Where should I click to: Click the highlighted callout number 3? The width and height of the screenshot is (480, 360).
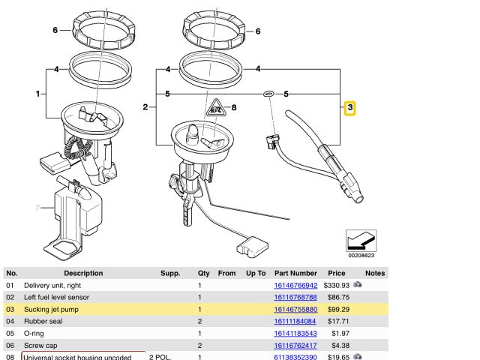pyautogui.click(x=350, y=109)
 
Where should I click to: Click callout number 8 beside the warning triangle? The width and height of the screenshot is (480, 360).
pyautogui.click(x=233, y=108)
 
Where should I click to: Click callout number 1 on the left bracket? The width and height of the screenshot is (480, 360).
pyautogui.click(x=37, y=94)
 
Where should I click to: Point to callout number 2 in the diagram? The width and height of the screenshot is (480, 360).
pyautogui.click(x=145, y=108)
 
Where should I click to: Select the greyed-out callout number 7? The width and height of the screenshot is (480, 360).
pyautogui.click(x=35, y=207)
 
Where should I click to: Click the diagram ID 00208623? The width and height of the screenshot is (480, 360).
pyautogui.click(x=364, y=255)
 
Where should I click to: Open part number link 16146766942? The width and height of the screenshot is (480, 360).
pyautogui.click(x=295, y=286)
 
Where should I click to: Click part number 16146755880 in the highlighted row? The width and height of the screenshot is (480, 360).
pyautogui.click(x=295, y=309)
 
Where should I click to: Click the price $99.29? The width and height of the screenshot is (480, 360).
pyautogui.click(x=335, y=309)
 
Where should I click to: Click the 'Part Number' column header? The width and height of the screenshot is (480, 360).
pyautogui.click(x=295, y=274)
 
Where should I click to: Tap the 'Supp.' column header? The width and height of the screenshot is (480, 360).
pyautogui.click(x=170, y=274)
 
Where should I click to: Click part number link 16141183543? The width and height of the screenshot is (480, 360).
pyautogui.click(x=295, y=333)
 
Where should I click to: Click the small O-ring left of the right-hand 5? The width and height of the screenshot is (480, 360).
pyautogui.click(x=268, y=94)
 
